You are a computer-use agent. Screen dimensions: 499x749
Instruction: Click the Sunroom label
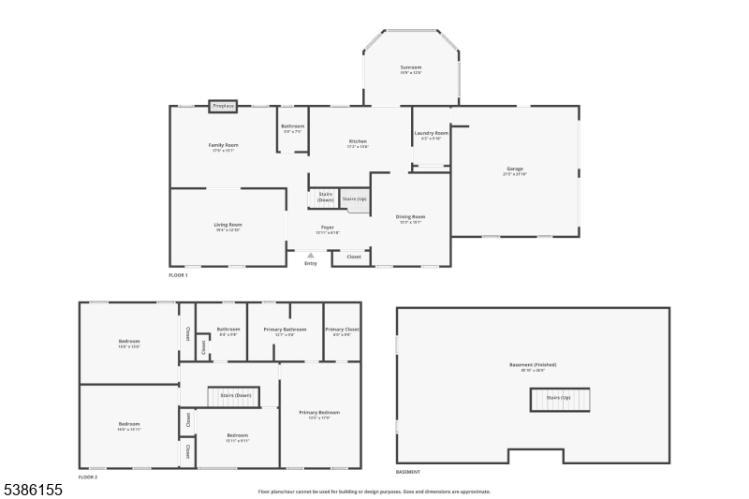(411, 67)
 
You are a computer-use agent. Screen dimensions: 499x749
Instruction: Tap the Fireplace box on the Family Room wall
(223, 107)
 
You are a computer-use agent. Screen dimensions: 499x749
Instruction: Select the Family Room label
(223, 145)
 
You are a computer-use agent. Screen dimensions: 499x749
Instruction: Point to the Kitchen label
(358, 141)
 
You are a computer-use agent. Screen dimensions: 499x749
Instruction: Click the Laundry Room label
(431, 134)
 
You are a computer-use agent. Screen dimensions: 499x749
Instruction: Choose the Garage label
(515, 169)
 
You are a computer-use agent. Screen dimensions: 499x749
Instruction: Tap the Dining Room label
(411, 217)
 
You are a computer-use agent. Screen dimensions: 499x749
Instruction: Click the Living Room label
(228, 225)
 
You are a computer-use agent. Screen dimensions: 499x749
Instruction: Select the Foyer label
(328, 227)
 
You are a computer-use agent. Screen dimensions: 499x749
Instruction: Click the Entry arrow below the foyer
(311, 255)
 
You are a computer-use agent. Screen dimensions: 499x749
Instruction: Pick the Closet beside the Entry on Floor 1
(353, 257)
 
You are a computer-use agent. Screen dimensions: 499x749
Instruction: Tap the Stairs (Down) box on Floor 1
(325, 198)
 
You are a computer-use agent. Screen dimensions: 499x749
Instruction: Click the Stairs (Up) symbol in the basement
(559, 399)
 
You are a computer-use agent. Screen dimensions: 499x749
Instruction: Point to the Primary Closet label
(342, 330)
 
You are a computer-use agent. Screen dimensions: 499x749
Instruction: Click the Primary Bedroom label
(319, 413)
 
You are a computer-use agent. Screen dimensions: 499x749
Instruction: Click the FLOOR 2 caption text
(87, 477)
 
